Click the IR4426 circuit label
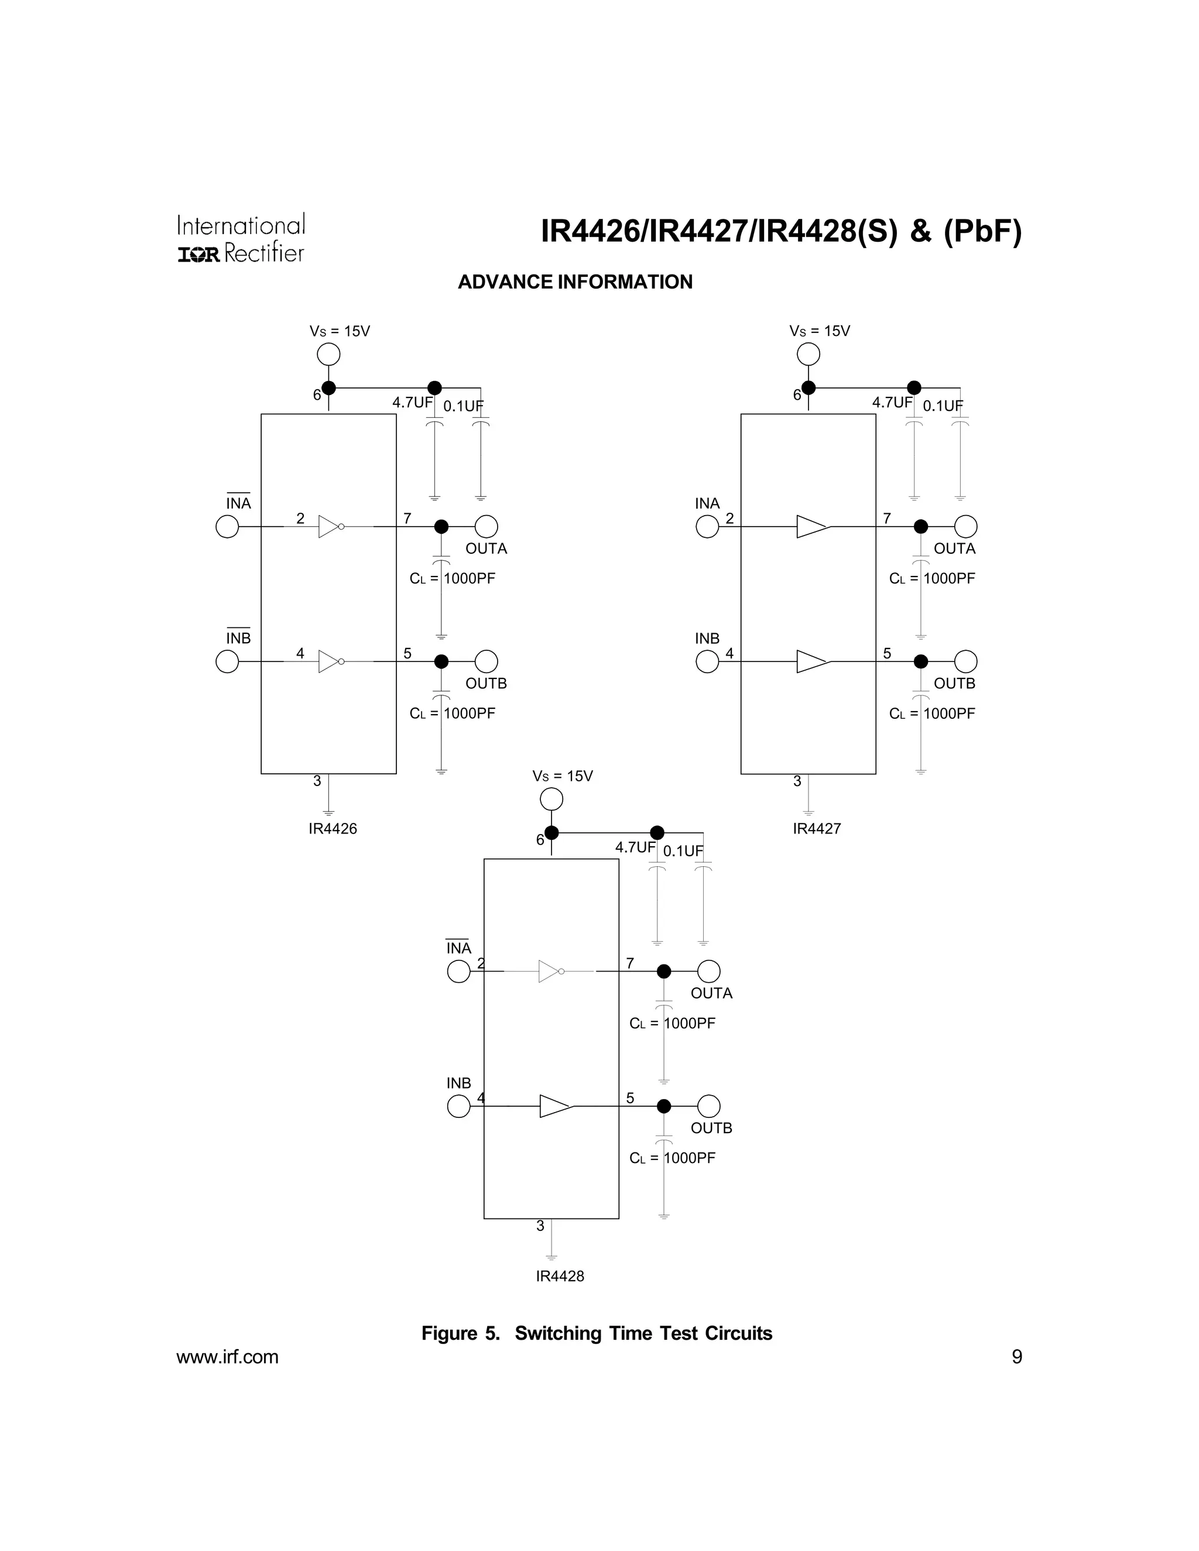[x=333, y=829]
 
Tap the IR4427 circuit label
[x=817, y=829]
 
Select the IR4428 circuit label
[x=560, y=1276]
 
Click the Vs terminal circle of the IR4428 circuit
[x=551, y=799]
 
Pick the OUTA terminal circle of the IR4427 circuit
[x=965, y=526]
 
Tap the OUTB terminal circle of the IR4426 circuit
[x=486, y=661]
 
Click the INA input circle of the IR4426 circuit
[x=227, y=526]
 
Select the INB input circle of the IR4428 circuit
[x=459, y=1106]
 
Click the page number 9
[x=1016, y=1357]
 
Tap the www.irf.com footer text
[x=227, y=1357]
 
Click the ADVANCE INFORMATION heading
[x=575, y=282]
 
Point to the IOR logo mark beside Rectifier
[x=199, y=254]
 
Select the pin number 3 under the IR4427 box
[x=797, y=781]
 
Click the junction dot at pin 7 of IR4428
[x=663, y=971]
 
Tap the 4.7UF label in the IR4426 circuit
[x=412, y=403]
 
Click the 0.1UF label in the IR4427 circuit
[x=943, y=406]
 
